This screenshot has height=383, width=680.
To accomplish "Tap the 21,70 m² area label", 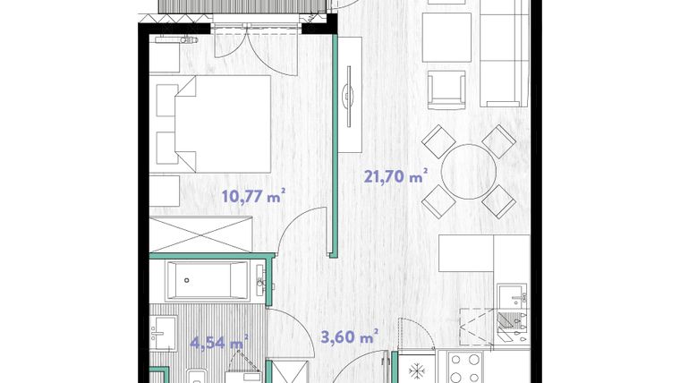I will (x=395, y=176).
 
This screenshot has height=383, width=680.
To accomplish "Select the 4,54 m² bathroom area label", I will (x=218, y=341).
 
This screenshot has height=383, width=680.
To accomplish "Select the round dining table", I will (x=468, y=172).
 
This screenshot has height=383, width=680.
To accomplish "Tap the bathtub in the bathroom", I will (x=207, y=281).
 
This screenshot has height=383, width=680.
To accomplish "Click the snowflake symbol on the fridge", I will (x=417, y=368).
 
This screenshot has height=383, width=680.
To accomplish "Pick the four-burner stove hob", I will (x=465, y=368).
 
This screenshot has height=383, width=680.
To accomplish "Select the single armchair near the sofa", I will (x=447, y=89).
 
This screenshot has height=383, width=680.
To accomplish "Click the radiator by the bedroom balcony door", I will (x=174, y=39).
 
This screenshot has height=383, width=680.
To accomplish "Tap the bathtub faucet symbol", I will (x=259, y=281).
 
